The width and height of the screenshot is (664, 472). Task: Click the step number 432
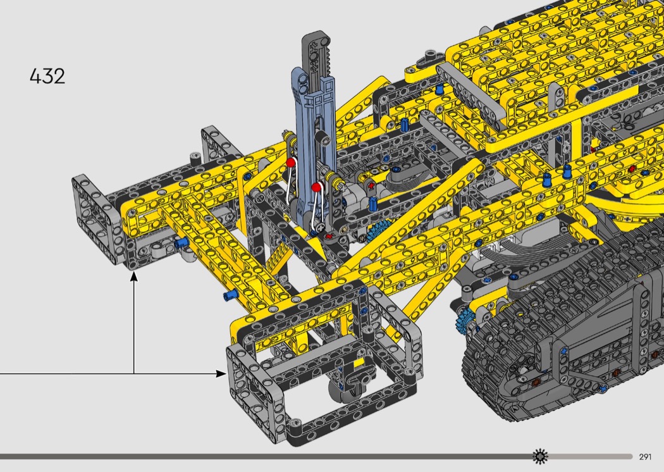47,77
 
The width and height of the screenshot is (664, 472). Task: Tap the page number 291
645,457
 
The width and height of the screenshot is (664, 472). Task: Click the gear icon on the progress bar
540,456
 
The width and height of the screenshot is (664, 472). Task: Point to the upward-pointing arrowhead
134,276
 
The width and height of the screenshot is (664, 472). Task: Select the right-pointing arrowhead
221,373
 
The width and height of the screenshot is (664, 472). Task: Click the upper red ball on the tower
290,163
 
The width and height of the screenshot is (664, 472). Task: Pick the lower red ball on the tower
316,187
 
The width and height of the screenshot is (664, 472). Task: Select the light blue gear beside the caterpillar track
466,321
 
